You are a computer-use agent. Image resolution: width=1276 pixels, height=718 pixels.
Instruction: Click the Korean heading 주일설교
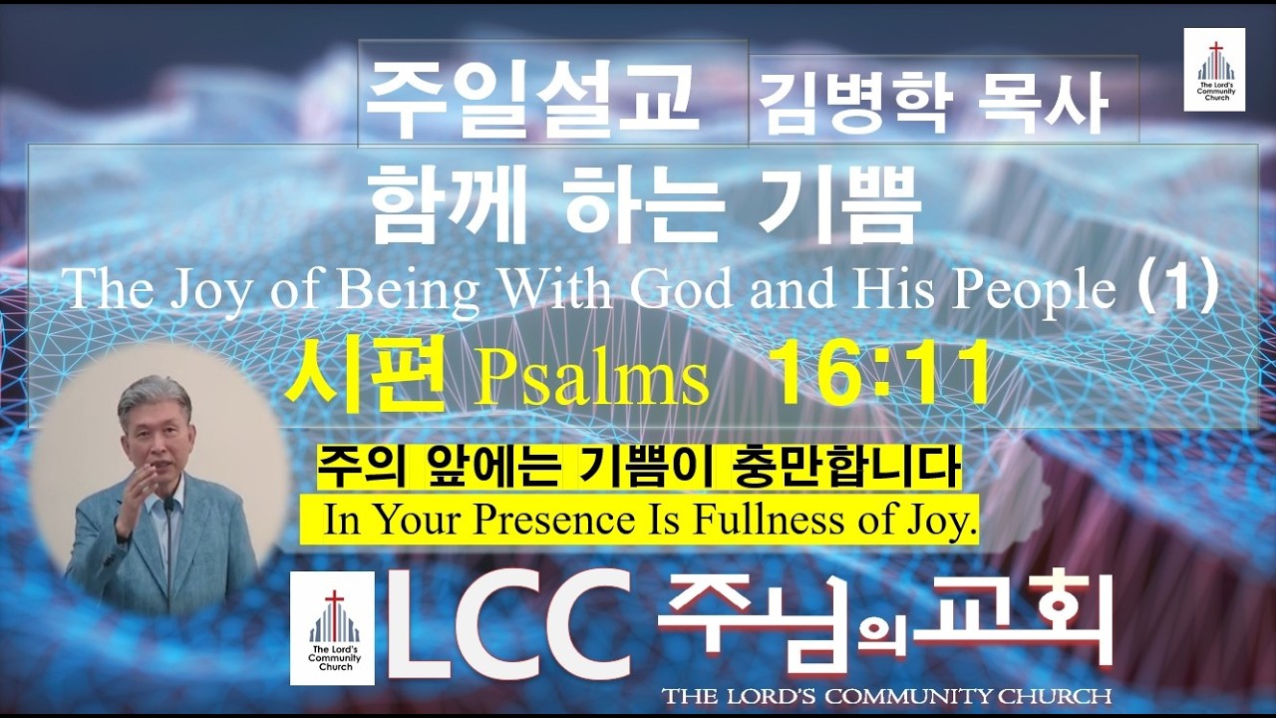[533, 97]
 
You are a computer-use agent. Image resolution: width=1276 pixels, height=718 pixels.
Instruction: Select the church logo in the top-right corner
[1213, 69]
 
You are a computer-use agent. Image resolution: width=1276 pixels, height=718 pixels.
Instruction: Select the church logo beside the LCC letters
[332, 628]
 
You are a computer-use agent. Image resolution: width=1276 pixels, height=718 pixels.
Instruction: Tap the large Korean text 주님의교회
[885, 618]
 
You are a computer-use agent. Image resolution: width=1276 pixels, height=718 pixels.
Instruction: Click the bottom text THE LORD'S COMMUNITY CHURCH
[886, 695]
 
